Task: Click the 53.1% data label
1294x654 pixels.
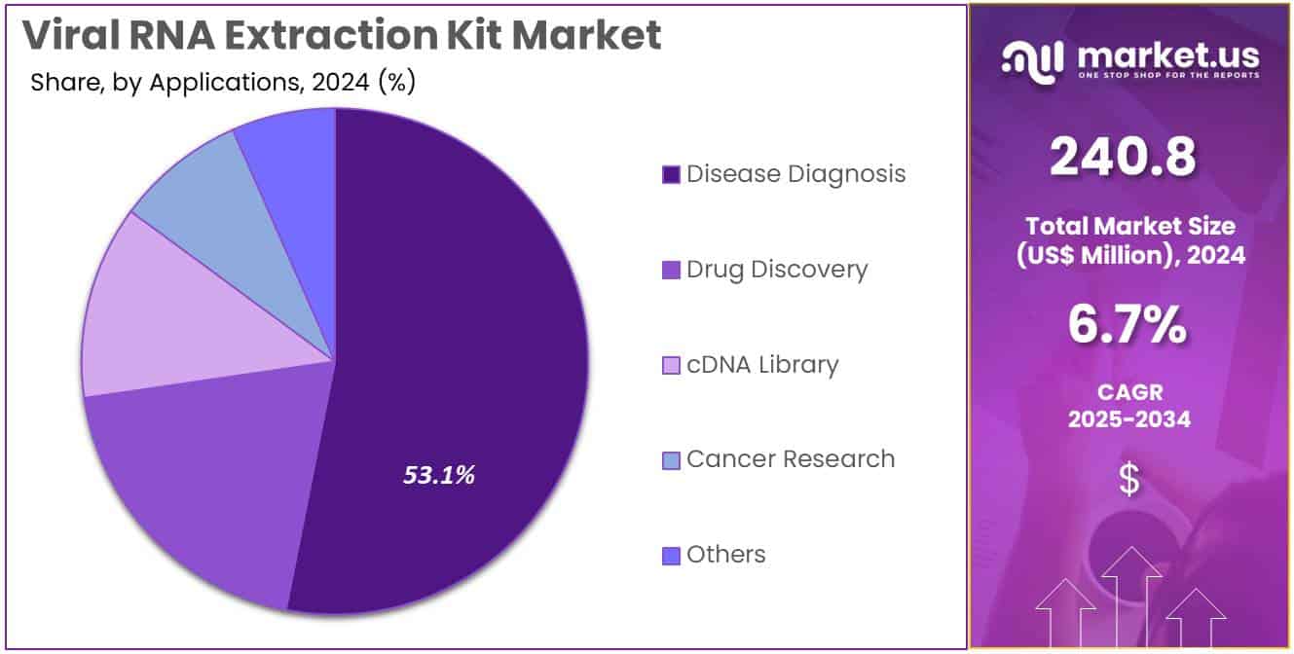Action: click(439, 475)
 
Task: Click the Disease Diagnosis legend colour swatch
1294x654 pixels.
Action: click(671, 175)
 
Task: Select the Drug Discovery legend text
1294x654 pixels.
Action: click(776, 270)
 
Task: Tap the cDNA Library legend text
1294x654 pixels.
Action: click(761, 365)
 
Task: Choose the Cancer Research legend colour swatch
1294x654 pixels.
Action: click(671, 460)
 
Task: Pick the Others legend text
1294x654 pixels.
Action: click(725, 555)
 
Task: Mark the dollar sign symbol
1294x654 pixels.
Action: click(1129, 480)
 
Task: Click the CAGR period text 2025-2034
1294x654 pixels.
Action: click(1129, 418)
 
